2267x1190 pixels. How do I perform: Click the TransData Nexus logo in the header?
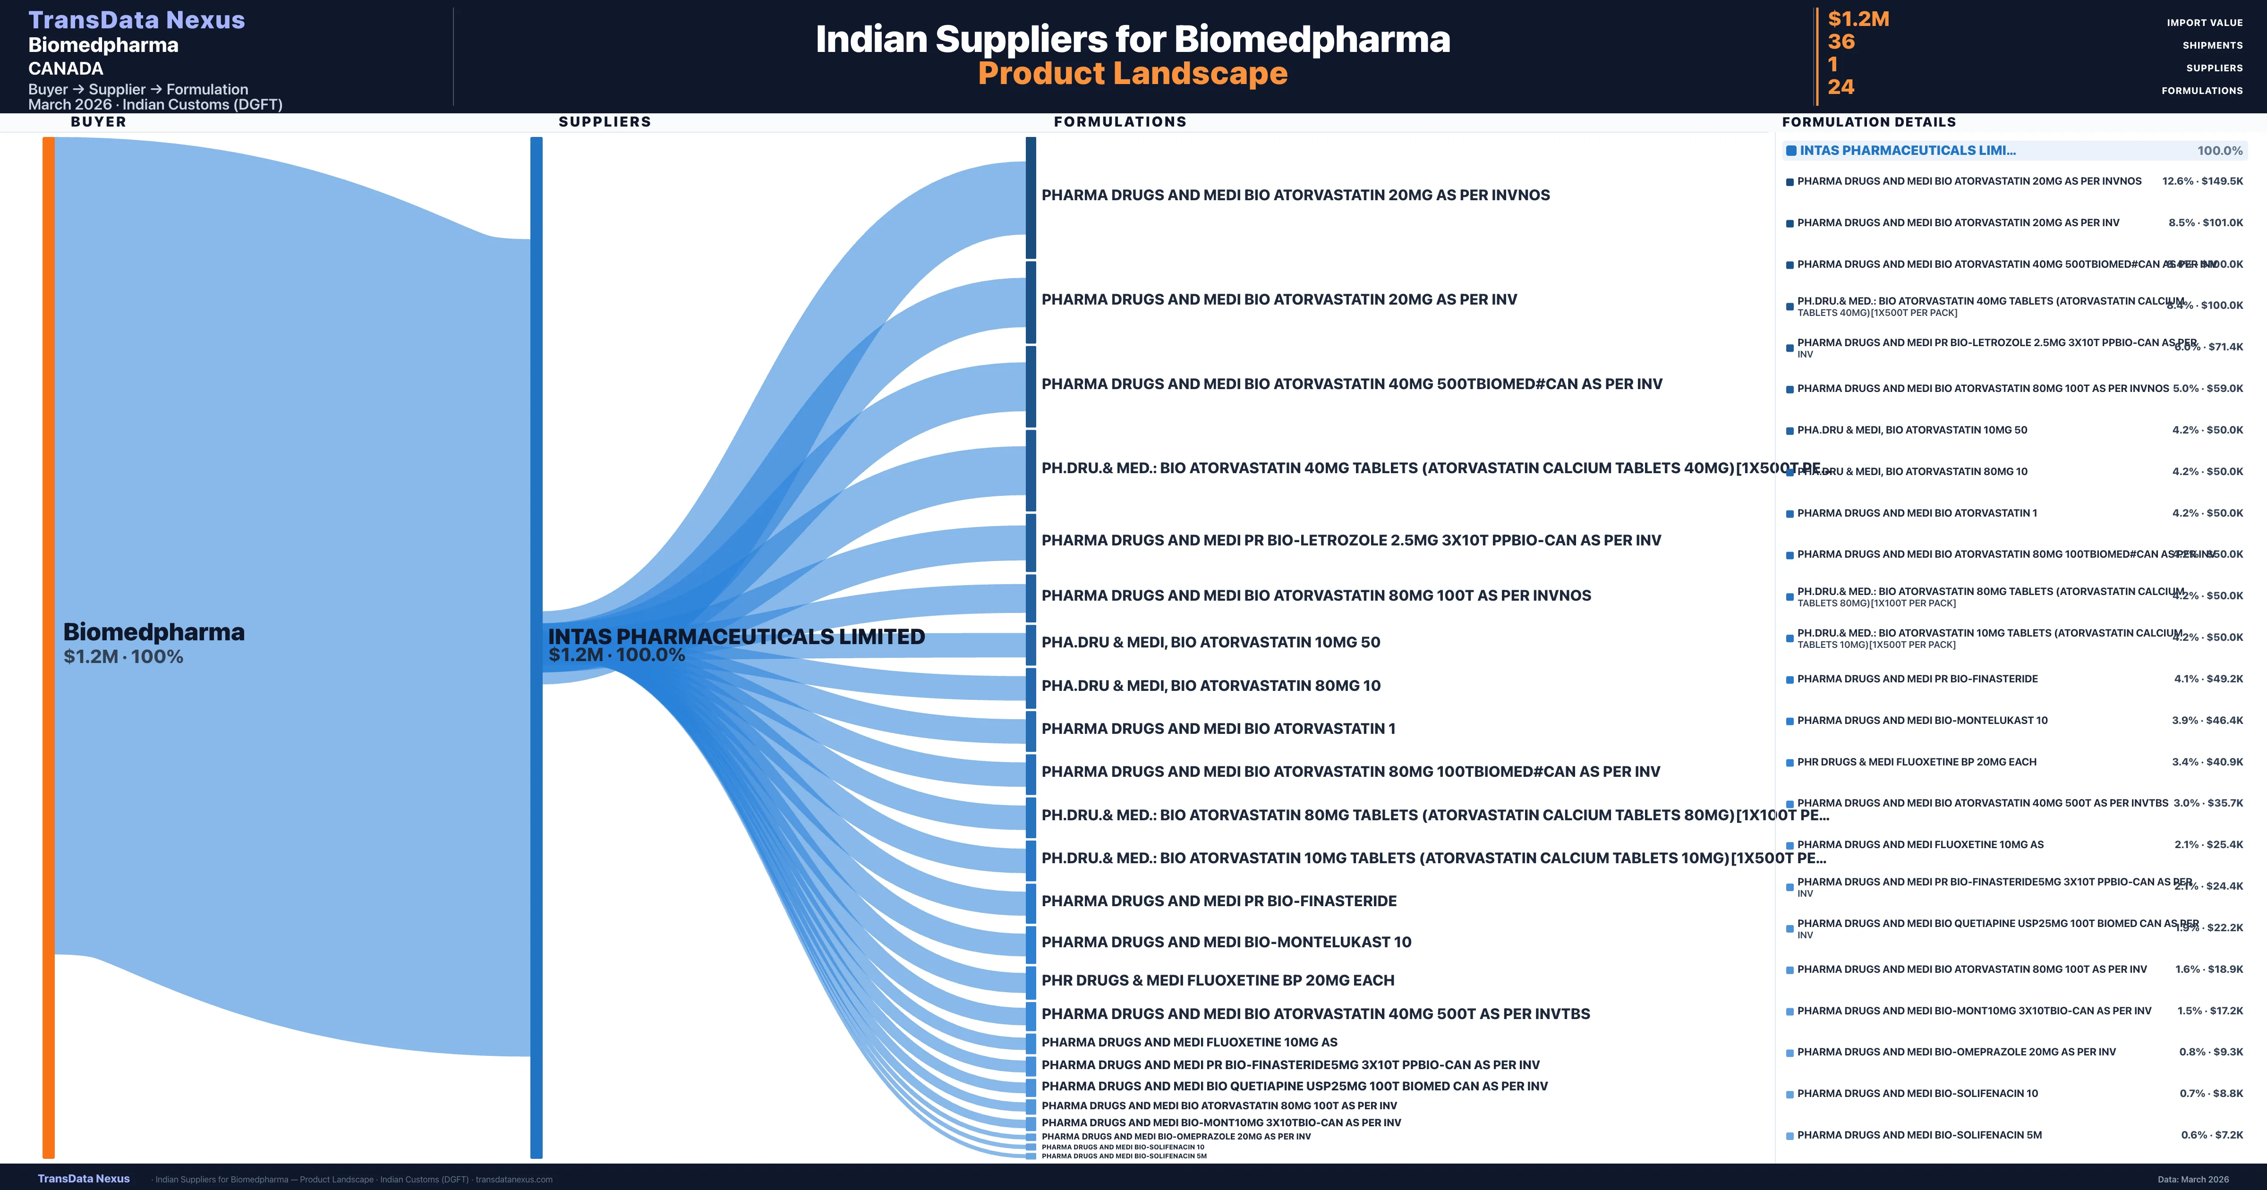(136, 20)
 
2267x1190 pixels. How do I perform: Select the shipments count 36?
(1841, 42)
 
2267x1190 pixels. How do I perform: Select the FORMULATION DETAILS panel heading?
(1868, 122)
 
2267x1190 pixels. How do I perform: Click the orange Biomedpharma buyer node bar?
(48, 647)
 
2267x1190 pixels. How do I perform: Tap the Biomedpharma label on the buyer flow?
(154, 632)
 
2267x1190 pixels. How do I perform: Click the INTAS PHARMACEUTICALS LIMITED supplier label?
(736, 637)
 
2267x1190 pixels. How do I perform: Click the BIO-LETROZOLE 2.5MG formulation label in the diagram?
(1351, 540)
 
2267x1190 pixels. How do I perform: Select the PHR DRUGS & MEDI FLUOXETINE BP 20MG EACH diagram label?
(1217, 980)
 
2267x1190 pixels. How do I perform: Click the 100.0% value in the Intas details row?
(2219, 151)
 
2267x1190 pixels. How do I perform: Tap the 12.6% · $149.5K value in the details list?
(2202, 181)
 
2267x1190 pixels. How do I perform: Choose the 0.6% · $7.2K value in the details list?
(2212, 1135)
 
